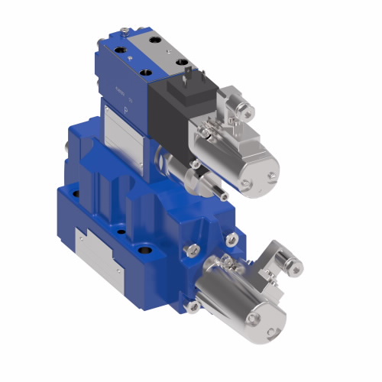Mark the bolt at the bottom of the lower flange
coord(190,307)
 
